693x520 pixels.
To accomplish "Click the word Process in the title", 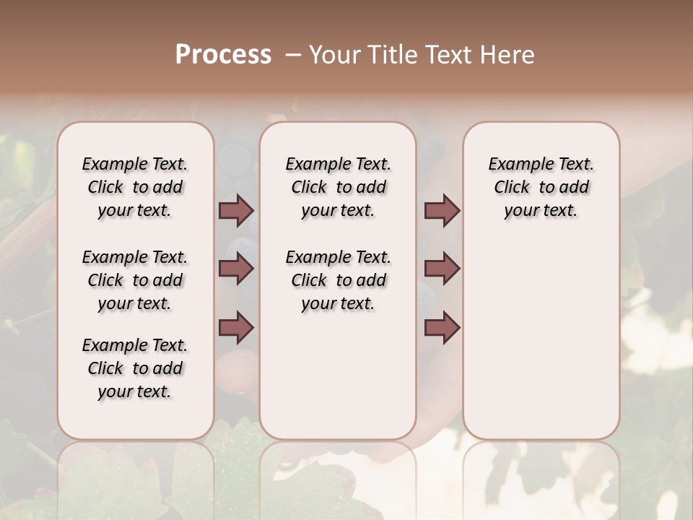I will [223, 55].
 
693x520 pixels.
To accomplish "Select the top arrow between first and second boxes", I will [236, 211].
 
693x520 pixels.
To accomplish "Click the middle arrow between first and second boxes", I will [236, 269].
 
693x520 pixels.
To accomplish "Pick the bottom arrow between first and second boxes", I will [236, 327].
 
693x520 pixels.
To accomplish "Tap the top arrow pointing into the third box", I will [442, 211].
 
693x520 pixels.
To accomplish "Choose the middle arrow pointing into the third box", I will [442, 269].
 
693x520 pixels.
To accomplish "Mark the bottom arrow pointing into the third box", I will [442, 327].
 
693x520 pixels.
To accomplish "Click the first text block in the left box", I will [135, 187].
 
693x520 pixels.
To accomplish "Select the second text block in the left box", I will [135, 280].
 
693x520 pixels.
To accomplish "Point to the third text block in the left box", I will [135, 368].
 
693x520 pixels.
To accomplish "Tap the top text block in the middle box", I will [338, 187].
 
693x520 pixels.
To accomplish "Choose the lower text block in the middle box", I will [338, 280].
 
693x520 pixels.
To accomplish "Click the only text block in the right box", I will [541, 187].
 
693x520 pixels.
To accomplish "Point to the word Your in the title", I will [336, 55].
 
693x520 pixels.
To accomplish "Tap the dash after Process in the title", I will [293, 55].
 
